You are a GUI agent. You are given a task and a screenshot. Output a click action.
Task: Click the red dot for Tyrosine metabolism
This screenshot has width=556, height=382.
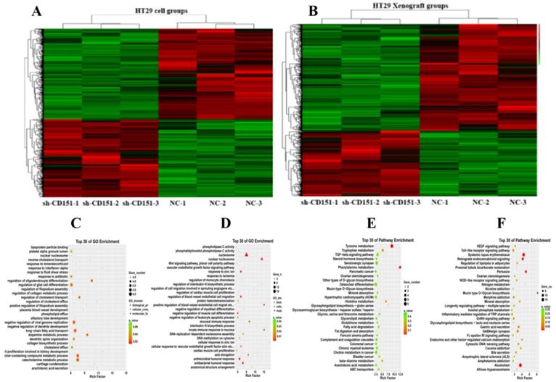coord(392,246)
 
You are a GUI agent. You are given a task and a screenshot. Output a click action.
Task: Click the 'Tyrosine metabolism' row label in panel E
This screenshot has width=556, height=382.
coord(354,246)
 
